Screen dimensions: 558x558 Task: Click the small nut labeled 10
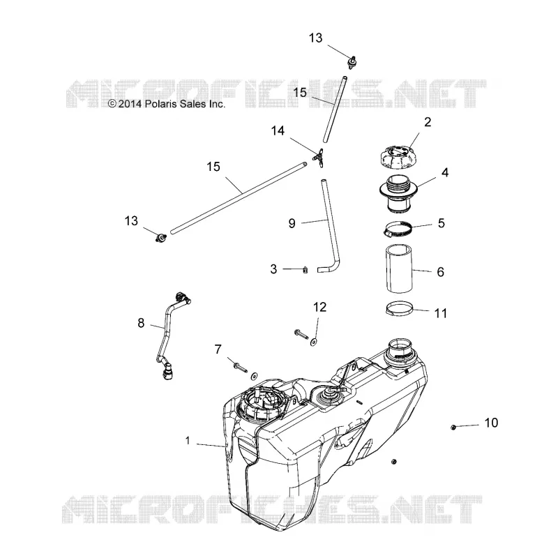pyautogui.click(x=453, y=427)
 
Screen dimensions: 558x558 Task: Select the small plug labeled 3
pyautogui.click(x=305, y=270)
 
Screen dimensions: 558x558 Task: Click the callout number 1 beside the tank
pyautogui.click(x=188, y=441)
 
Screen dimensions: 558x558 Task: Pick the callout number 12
pyautogui.click(x=319, y=307)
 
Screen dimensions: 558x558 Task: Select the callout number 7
pyautogui.click(x=218, y=349)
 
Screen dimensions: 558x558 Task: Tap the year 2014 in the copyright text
pyautogui.click(x=130, y=104)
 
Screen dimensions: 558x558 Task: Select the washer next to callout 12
pyautogui.click(x=313, y=342)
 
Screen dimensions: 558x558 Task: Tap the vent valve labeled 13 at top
pyautogui.click(x=352, y=62)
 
